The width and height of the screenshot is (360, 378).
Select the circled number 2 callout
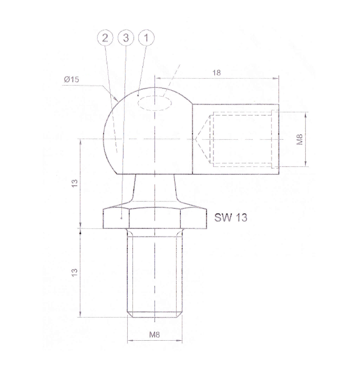(x=106, y=38)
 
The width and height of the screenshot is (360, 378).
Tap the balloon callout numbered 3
(x=126, y=38)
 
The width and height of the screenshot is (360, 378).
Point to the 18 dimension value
(x=217, y=73)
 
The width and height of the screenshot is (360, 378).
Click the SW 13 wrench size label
(x=231, y=217)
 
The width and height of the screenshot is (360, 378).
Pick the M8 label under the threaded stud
(x=155, y=334)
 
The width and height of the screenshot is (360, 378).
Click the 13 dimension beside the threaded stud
(x=75, y=272)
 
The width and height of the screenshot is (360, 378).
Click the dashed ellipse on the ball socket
(x=156, y=103)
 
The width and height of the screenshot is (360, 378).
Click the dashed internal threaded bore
(x=242, y=139)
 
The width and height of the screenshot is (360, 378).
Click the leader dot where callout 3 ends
(x=122, y=216)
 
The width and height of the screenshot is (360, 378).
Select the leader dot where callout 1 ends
(x=138, y=96)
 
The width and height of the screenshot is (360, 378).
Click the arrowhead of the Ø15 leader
(x=116, y=101)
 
